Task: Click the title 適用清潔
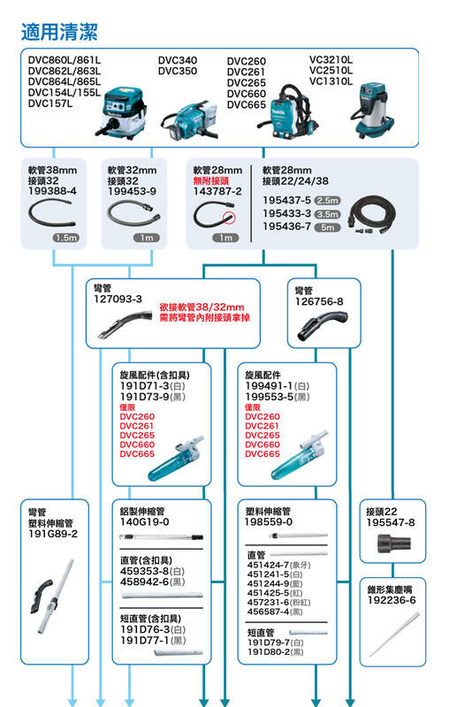[x=59, y=33]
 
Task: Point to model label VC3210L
[x=331, y=59]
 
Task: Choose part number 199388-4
[x=53, y=191]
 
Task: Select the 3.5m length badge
[x=327, y=214]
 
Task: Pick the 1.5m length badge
[x=65, y=239]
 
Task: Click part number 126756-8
[x=319, y=300]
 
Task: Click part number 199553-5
[x=270, y=397]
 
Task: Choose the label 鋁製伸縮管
[x=142, y=511]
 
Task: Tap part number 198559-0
[x=269, y=522]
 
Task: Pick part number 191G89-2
[x=53, y=534]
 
